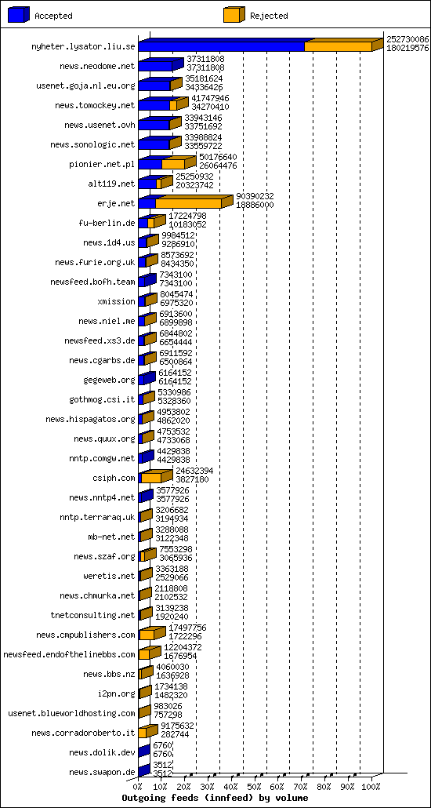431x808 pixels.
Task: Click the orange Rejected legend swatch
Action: (x=234, y=14)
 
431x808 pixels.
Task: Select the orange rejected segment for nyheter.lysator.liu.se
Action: (x=337, y=46)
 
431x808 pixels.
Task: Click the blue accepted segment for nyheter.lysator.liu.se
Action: (x=221, y=46)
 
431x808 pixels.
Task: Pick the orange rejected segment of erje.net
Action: (x=188, y=203)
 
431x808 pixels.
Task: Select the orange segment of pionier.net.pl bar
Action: (x=173, y=164)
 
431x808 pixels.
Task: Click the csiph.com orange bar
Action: (x=151, y=478)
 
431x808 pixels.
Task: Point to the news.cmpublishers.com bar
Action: (x=147, y=635)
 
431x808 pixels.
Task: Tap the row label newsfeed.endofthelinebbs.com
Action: (x=70, y=654)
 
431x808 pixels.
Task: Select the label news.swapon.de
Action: (x=102, y=772)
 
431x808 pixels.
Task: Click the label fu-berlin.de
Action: (x=107, y=223)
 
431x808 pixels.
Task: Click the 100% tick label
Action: (x=371, y=787)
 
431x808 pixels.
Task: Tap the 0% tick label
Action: (x=138, y=787)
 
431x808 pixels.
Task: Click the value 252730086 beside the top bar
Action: (x=407, y=38)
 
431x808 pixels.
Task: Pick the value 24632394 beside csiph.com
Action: (x=194, y=470)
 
